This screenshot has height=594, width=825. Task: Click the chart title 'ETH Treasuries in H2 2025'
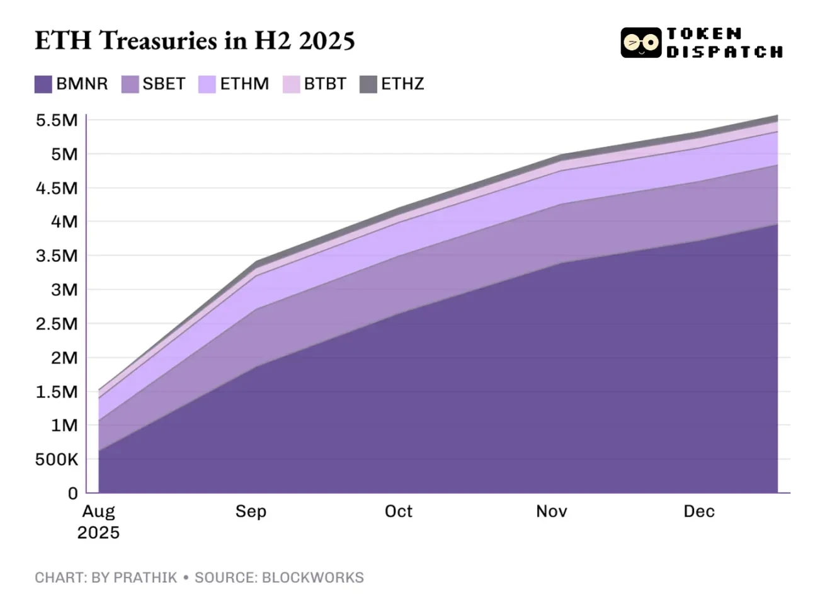195,41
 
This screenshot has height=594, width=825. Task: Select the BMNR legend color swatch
43,84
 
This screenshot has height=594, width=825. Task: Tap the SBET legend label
164,84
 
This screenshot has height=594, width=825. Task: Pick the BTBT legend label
325,84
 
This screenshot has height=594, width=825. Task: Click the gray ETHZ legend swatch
368,84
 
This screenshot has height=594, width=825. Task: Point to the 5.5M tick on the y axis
57,120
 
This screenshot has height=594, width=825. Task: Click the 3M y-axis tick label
64,290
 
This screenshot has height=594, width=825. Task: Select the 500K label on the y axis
57,460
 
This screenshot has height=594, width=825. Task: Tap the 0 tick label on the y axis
73,494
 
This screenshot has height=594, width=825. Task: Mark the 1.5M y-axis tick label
57,392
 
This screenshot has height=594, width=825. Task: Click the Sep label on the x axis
251,511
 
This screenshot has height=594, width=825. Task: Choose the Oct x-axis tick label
398,511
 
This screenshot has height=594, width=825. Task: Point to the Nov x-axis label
551,511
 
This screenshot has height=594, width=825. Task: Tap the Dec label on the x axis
698,511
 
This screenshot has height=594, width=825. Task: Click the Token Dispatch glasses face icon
641,43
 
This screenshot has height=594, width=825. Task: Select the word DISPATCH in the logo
724,52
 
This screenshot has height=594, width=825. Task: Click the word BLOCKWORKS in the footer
312,578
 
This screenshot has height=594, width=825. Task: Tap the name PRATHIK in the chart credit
146,578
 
